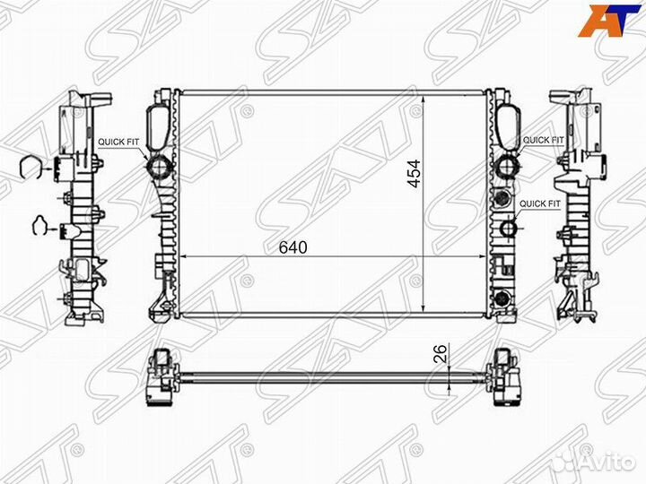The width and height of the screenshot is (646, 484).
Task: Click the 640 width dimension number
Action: pyautogui.click(x=292, y=246)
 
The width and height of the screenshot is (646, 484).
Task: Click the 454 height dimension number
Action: pyautogui.click(x=414, y=172)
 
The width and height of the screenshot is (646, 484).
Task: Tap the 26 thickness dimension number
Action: pyautogui.click(x=439, y=354)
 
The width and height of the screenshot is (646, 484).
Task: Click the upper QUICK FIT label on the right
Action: pyautogui.click(x=543, y=141)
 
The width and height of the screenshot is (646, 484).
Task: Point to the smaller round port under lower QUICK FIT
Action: pyautogui.click(x=509, y=229)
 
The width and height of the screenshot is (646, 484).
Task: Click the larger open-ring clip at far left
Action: pyautogui.click(x=31, y=168)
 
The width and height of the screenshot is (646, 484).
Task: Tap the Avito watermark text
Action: pyautogui.click(x=602, y=460)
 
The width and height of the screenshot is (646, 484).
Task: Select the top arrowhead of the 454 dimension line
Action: pyautogui.click(x=425, y=92)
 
